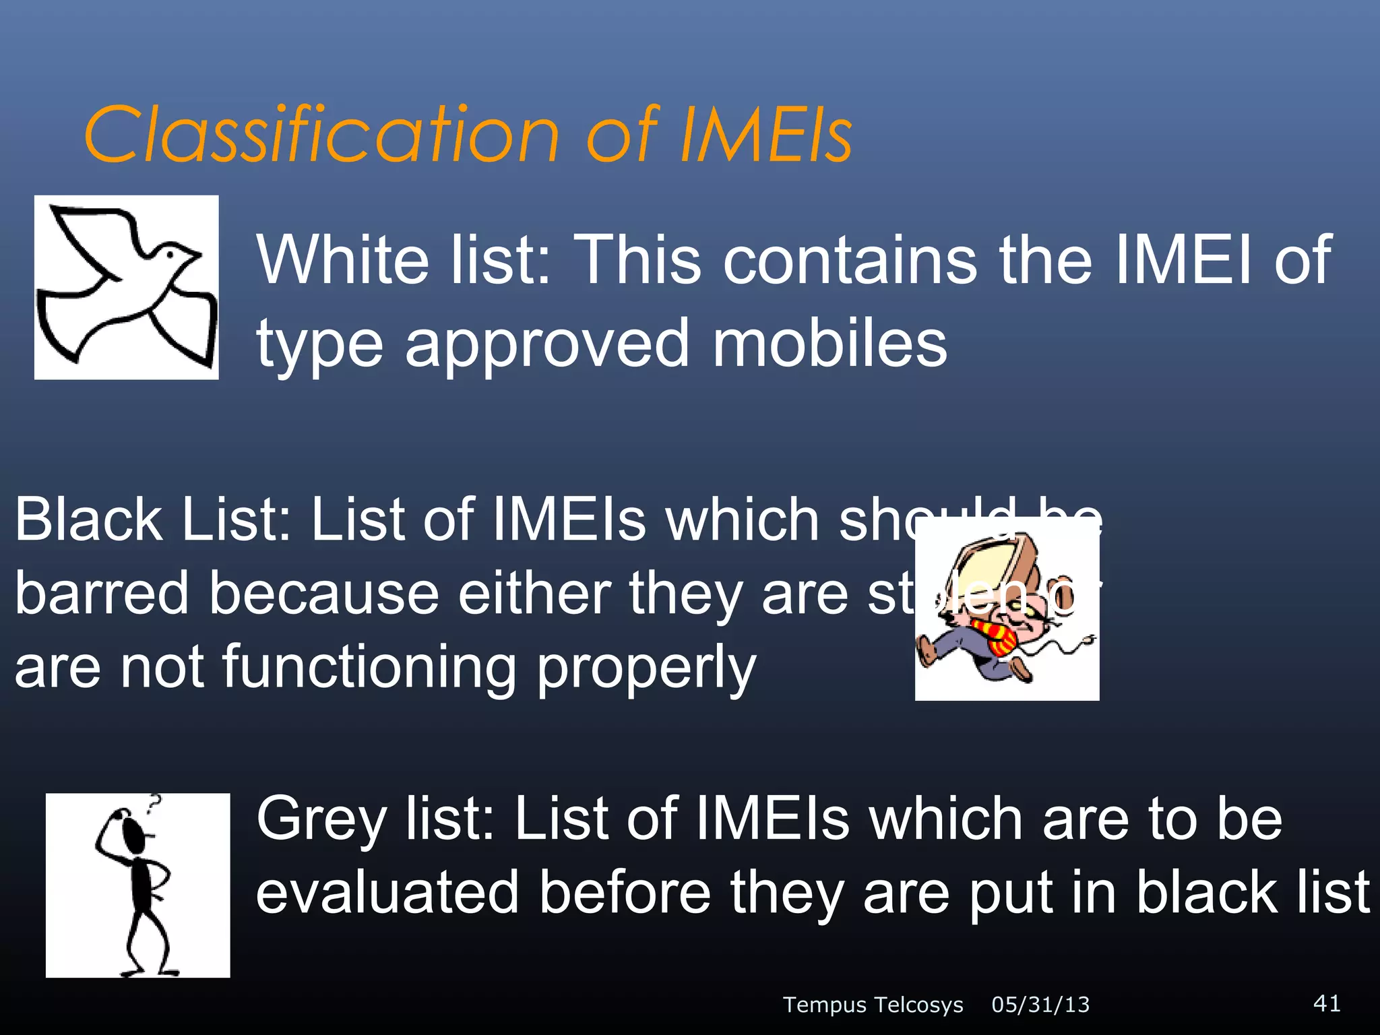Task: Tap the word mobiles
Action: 829,344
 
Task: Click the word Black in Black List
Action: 88,520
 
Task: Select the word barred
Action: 102,593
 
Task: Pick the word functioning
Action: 369,667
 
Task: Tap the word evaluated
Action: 387,892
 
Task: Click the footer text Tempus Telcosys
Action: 873,1005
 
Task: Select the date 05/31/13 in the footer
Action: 1040,1005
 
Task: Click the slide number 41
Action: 1326,1003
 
